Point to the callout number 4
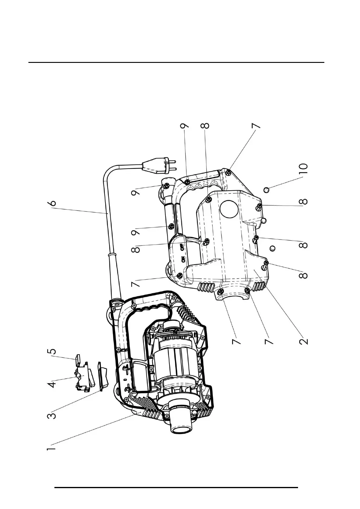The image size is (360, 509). pos(52,384)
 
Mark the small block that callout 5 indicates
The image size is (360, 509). pos(77,358)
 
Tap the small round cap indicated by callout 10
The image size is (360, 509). pos(267,190)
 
